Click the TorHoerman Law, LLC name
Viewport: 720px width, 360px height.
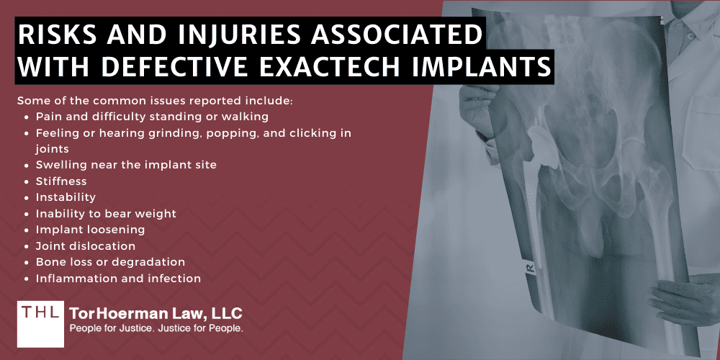click(156, 314)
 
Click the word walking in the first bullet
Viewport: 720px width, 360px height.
click(246, 117)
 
